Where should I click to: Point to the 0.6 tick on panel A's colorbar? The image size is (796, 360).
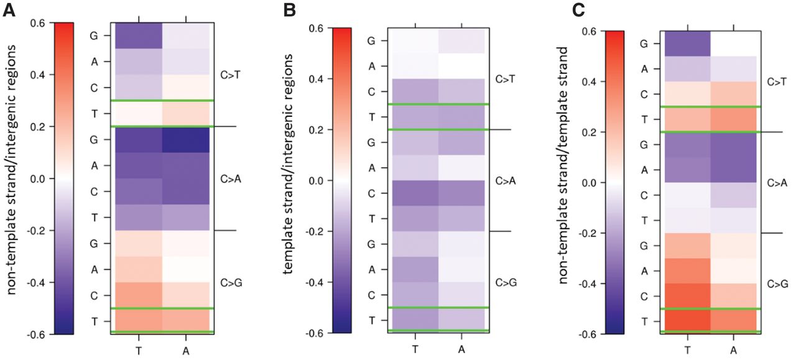(x=37, y=23)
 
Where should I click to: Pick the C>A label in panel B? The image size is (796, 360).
(x=506, y=181)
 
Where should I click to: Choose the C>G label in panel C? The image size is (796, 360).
(x=777, y=285)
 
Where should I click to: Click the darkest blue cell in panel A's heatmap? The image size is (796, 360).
(x=188, y=140)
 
